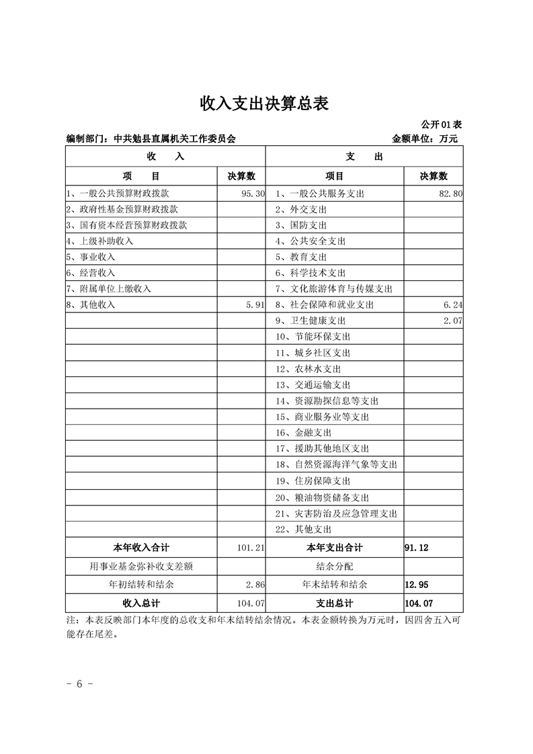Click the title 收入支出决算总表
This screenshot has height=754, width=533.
[x=265, y=103]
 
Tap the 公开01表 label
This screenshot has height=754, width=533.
[x=441, y=125]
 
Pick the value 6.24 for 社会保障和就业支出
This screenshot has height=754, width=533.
[x=452, y=305]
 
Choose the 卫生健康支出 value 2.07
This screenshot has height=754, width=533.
[x=452, y=321]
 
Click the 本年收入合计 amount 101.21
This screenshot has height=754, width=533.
[x=251, y=548]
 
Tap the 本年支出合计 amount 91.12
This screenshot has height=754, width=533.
[x=416, y=548]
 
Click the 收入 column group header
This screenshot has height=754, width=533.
[x=165, y=157]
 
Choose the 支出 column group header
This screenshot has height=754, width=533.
[x=364, y=157]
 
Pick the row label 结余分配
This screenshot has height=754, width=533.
[x=334, y=567]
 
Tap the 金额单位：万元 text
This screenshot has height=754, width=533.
[x=424, y=139]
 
